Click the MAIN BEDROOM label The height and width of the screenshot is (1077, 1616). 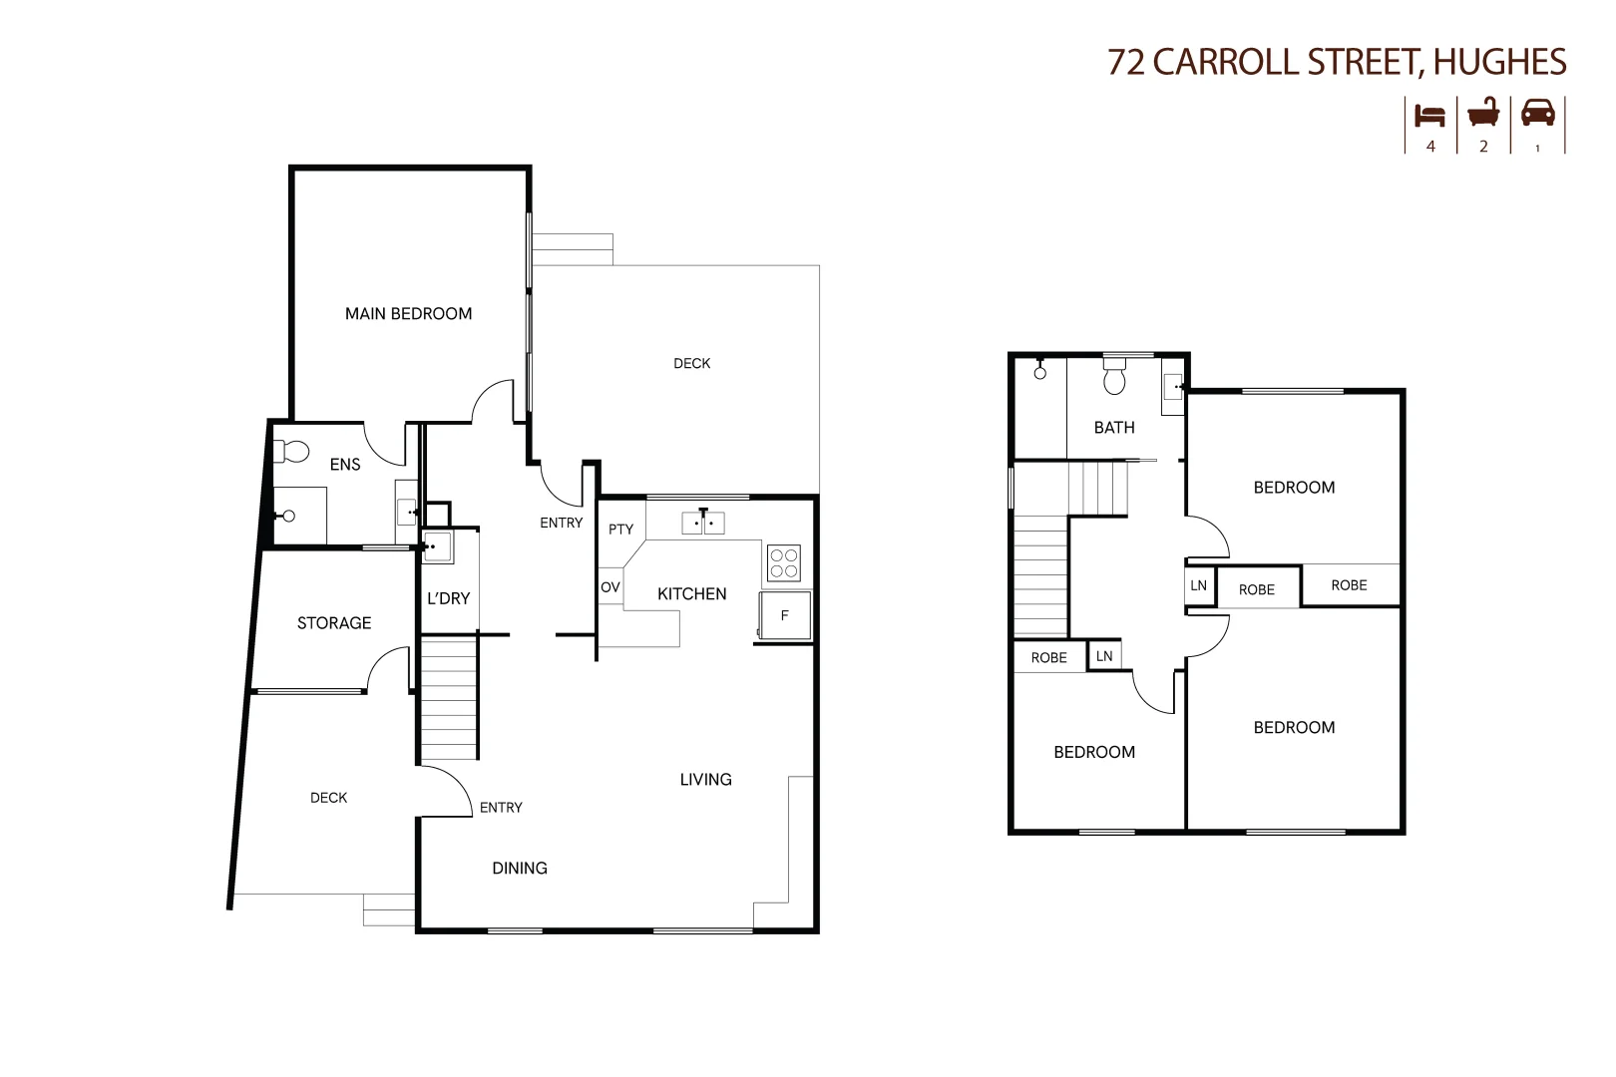pos(408,314)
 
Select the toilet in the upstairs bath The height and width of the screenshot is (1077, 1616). pos(1114,377)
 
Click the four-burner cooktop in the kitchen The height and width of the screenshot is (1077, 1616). pos(783,563)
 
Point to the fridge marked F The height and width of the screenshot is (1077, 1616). pos(784,616)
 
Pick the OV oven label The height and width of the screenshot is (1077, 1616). pos(610,587)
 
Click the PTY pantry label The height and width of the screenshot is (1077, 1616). pos(620,530)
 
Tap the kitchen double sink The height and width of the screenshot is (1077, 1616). pos(703,523)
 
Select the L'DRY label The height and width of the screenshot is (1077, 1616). pos(448,598)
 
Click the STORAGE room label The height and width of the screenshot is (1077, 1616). pos(334,623)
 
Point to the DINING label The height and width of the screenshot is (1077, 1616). pos(520,869)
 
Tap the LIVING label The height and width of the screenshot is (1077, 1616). pos(705,780)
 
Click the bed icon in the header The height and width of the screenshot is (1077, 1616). pos(1430,115)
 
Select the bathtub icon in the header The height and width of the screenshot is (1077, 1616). pos(1483,113)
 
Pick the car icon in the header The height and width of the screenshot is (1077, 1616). pos(1537,112)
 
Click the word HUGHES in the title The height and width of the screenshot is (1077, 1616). pos(1499,63)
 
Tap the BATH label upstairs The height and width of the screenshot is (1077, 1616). pos(1114,428)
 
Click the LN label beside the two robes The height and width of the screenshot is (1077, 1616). pos(1198,586)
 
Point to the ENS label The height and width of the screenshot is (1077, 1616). pos(345,465)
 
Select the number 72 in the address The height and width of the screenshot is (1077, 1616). pos(1126,63)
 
